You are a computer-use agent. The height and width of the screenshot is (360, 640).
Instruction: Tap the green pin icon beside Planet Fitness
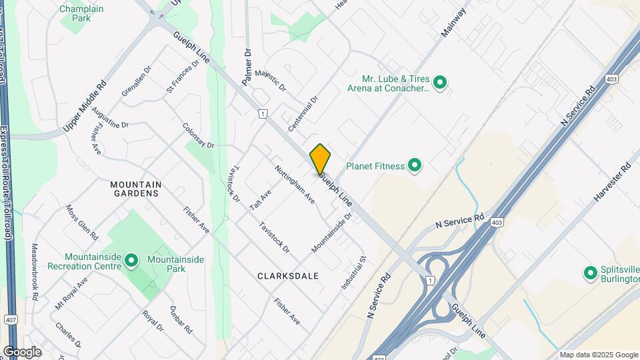coord(415,165)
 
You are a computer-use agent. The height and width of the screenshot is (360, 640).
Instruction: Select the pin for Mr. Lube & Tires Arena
coord(439,83)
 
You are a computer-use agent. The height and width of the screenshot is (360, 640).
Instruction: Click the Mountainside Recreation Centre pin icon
coord(131,261)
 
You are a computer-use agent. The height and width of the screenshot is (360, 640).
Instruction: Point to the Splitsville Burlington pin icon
coord(590,273)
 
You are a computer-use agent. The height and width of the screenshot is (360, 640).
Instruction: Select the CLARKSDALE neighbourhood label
coord(288,275)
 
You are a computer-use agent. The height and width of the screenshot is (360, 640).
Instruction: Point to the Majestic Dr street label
coord(270,79)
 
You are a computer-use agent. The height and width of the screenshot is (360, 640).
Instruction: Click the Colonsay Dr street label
coord(198,135)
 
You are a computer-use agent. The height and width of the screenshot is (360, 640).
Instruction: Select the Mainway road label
coord(453,24)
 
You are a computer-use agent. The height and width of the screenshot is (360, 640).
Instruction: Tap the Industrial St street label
coord(354,272)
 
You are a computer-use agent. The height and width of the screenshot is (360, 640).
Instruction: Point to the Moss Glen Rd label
coord(82,222)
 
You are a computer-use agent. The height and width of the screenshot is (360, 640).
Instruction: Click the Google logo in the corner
coord(22,351)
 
